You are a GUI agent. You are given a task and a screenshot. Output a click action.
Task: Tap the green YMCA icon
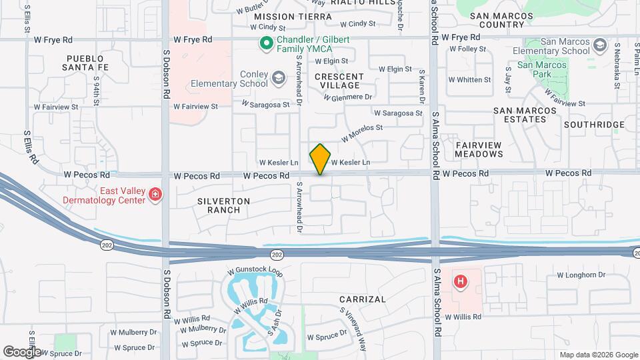(x=265, y=44)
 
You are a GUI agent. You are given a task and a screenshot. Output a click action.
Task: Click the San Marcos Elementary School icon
(x=599, y=44)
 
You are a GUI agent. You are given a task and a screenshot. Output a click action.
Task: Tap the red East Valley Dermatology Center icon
(x=155, y=194)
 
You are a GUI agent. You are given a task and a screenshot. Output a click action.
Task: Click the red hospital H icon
(x=459, y=282)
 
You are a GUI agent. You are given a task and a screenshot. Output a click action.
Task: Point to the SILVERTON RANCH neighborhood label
(x=224, y=205)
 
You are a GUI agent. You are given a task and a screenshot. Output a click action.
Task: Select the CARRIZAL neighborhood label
(x=362, y=299)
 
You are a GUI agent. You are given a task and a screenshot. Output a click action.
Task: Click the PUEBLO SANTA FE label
(x=85, y=63)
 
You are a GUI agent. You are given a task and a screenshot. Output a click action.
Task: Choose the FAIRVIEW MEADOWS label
(x=479, y=149)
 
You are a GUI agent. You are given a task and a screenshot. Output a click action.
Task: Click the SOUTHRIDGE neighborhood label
(x=594, y=125)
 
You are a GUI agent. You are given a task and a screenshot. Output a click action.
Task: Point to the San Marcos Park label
(x=542, y=70)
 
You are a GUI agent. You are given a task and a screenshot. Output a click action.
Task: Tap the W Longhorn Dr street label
(x=581, y=275)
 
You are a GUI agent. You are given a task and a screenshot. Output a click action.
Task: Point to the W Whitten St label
(x=469, y=79)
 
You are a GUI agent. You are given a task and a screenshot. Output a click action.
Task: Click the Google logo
(x=22, y=352)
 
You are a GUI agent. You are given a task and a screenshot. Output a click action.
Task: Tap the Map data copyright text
(x=598, y=355)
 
